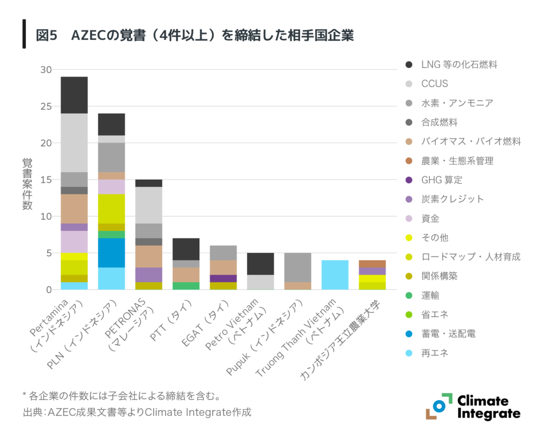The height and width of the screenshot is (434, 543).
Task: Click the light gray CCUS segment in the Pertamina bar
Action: [x=74, y=143]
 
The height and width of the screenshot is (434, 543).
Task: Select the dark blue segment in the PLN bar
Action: [x=111, y=253]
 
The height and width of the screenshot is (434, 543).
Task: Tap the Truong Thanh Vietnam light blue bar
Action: [x=335, y=274]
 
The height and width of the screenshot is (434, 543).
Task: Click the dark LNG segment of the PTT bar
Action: [x=186, y=249]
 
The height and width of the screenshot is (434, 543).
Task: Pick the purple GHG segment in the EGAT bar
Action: [x=223, y=278]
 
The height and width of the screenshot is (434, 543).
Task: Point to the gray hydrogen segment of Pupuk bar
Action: [x=297, y=267]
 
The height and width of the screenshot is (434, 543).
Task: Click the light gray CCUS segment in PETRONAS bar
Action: [x=148, y=205]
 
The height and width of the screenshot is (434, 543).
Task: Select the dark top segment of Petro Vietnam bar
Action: [x=260, y=263]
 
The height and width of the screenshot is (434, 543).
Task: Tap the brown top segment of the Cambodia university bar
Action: [x=372, y=264]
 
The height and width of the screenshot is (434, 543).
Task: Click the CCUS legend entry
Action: [x=434, y=84]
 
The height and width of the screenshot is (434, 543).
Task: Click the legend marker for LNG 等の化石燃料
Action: [x=408, y=65]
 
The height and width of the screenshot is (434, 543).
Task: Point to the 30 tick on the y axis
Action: [x=46, y=69]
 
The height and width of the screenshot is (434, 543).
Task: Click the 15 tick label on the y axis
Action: [x=46, y=180]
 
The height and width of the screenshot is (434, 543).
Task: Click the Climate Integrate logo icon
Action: [x=438, y=406]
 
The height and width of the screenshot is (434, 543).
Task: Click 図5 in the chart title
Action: [x=46, y=36]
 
